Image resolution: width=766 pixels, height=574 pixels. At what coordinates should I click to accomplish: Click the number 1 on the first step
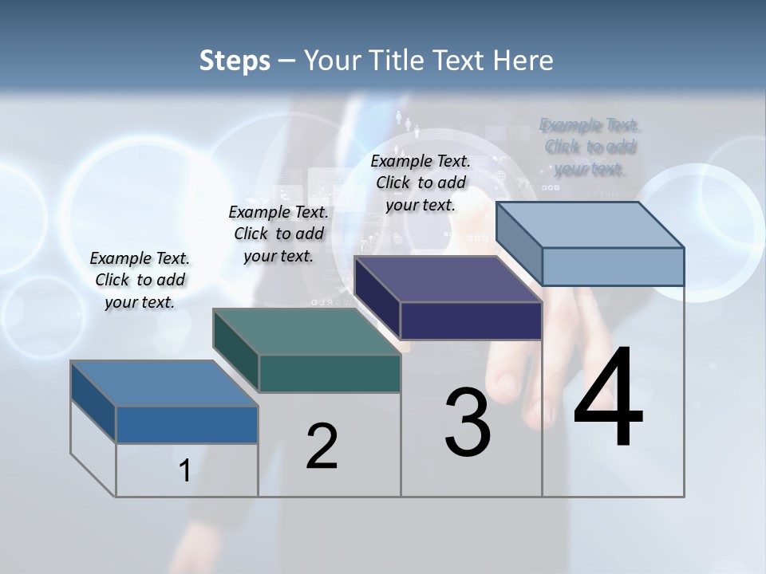(185, 470)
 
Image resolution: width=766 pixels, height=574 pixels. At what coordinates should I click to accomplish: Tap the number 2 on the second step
(322, 446)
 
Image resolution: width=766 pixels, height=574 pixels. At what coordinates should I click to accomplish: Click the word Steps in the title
(235, 60)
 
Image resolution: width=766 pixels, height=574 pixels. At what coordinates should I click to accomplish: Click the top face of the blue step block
(164, 383)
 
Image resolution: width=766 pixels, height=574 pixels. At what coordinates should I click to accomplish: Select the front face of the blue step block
(187, 425)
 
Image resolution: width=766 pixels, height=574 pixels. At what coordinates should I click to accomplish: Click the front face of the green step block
(330, 373)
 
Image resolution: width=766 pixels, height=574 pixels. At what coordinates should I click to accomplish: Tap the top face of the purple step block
(448, 279)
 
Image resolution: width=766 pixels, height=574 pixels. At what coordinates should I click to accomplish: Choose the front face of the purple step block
(471, 320)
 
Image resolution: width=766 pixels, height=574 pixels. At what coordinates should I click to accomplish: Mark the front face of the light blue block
(613, 266)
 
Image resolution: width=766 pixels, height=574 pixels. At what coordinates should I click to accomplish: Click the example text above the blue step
(140, 280)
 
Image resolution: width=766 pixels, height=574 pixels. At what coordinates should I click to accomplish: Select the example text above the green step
(278, 234)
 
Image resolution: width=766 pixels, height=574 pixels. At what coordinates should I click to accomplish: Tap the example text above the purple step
(421, 183)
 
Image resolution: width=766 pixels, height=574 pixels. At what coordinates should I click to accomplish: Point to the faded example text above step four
(590, 147)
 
